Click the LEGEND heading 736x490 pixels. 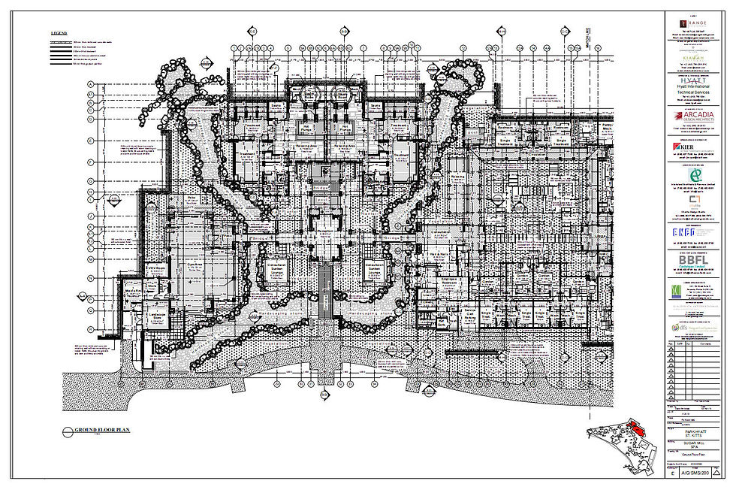(x=59, y=34)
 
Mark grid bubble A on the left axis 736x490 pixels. (x=91, y=84)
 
